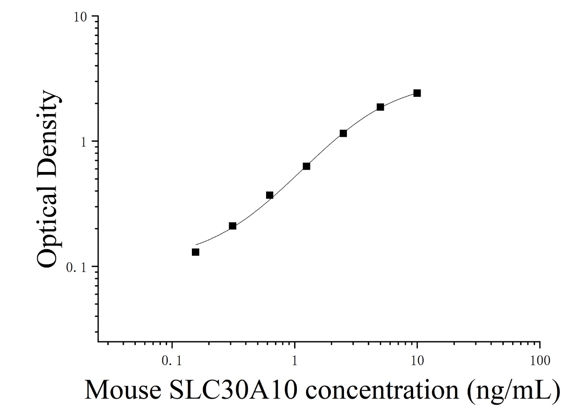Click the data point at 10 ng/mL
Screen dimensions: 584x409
tap(417, 93)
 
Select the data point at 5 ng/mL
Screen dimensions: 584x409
tap(380, 107)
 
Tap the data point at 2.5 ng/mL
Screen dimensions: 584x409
tap(344, 133)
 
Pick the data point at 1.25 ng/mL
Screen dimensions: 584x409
tap(307, 166)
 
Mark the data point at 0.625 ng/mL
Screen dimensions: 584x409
tap(269, 195)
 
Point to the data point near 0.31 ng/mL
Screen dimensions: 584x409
tap(232, 226)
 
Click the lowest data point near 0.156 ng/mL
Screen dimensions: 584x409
tap(196, 252)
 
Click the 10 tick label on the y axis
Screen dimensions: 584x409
tap(80, 17)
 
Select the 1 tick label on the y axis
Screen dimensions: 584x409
tap(84, 143)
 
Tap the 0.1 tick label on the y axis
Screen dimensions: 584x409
tap(76, 267)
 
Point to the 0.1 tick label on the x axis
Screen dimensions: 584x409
tap(171, 361)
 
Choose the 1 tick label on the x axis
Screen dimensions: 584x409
tap(295, 361)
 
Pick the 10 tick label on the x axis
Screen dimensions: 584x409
tap(417, 361)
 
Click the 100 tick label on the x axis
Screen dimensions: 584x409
tap(540, 361)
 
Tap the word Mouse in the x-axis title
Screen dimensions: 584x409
tap(123, 390)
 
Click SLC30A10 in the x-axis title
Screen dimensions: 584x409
tap(233, 390)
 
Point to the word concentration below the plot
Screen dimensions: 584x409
tap(382, 391)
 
